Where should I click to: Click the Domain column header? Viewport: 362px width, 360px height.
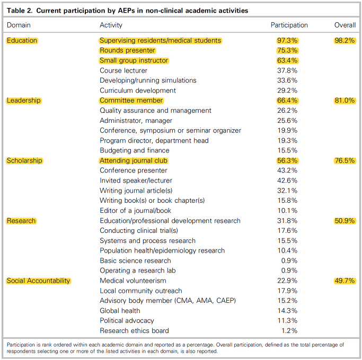[x=19, y=25]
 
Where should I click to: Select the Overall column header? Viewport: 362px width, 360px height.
[x=345, y=25]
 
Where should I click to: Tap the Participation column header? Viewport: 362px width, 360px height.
[x=289, y=25]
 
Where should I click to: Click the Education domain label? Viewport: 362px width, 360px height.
[x=22, y=40]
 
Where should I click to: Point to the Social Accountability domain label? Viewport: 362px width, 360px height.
[x=38, y=281]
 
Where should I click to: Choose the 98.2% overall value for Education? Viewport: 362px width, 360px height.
[x=345, y=40]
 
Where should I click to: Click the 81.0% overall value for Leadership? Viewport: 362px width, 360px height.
[x=345, y=100]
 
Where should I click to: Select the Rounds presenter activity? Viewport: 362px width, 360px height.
[x=127, y=50]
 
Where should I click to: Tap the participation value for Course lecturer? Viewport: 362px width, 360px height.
[x=287, y=70]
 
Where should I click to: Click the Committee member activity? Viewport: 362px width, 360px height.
[x=131, y=100]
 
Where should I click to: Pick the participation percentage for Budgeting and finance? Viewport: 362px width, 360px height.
[x=287, y=150]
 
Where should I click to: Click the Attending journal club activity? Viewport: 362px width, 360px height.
[x=134, y=160]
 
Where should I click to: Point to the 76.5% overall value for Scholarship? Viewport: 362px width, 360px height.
[x=345, y=160]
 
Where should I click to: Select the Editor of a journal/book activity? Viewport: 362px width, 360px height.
[x=135, y=211]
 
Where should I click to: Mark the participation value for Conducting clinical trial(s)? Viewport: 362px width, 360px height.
[x=287, y=231]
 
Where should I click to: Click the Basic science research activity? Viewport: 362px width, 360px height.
[x=135, y=260]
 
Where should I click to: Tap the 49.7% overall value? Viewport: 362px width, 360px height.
[x=345, y=281]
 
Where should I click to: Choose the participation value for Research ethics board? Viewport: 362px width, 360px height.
[x=289, y=331]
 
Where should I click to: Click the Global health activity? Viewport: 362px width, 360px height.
[x=120, y=311]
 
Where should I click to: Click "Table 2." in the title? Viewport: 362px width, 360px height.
[x=20, y=11]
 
